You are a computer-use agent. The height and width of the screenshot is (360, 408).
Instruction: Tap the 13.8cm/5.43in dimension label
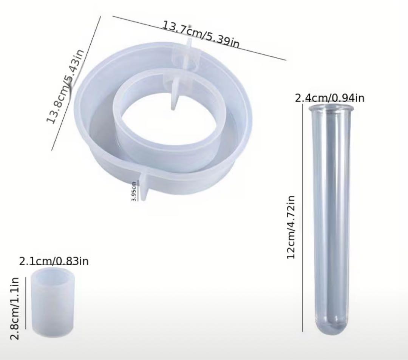[x=65, y=86]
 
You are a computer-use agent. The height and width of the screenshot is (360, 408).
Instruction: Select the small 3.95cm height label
[x=134, y=191]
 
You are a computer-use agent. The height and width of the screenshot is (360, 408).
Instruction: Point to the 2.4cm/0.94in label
[x=330, y=98]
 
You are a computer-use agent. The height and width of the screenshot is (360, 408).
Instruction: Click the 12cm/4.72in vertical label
[x=291, y=227]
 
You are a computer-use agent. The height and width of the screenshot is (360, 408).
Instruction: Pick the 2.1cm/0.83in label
[x=54, y=261]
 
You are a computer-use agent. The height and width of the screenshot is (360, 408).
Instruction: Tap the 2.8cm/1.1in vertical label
[x=15, y=309]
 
